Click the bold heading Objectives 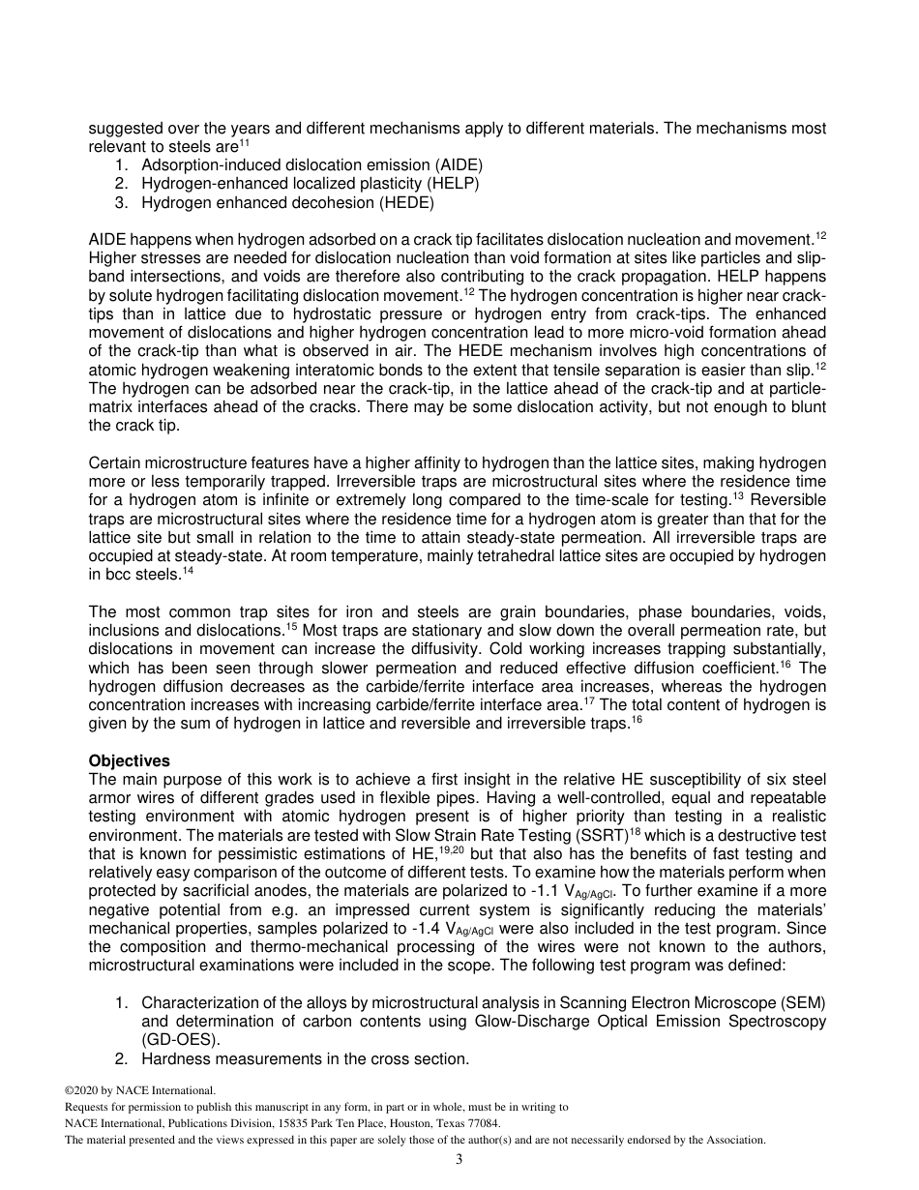pyautogui.click(x=129, y=761)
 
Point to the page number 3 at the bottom pyautogui.click(x=459, y=1159)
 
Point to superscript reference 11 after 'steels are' pyautogui.click(x=244, y=144)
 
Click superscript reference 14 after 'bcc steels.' pyautogui.click(x=188, y=571)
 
